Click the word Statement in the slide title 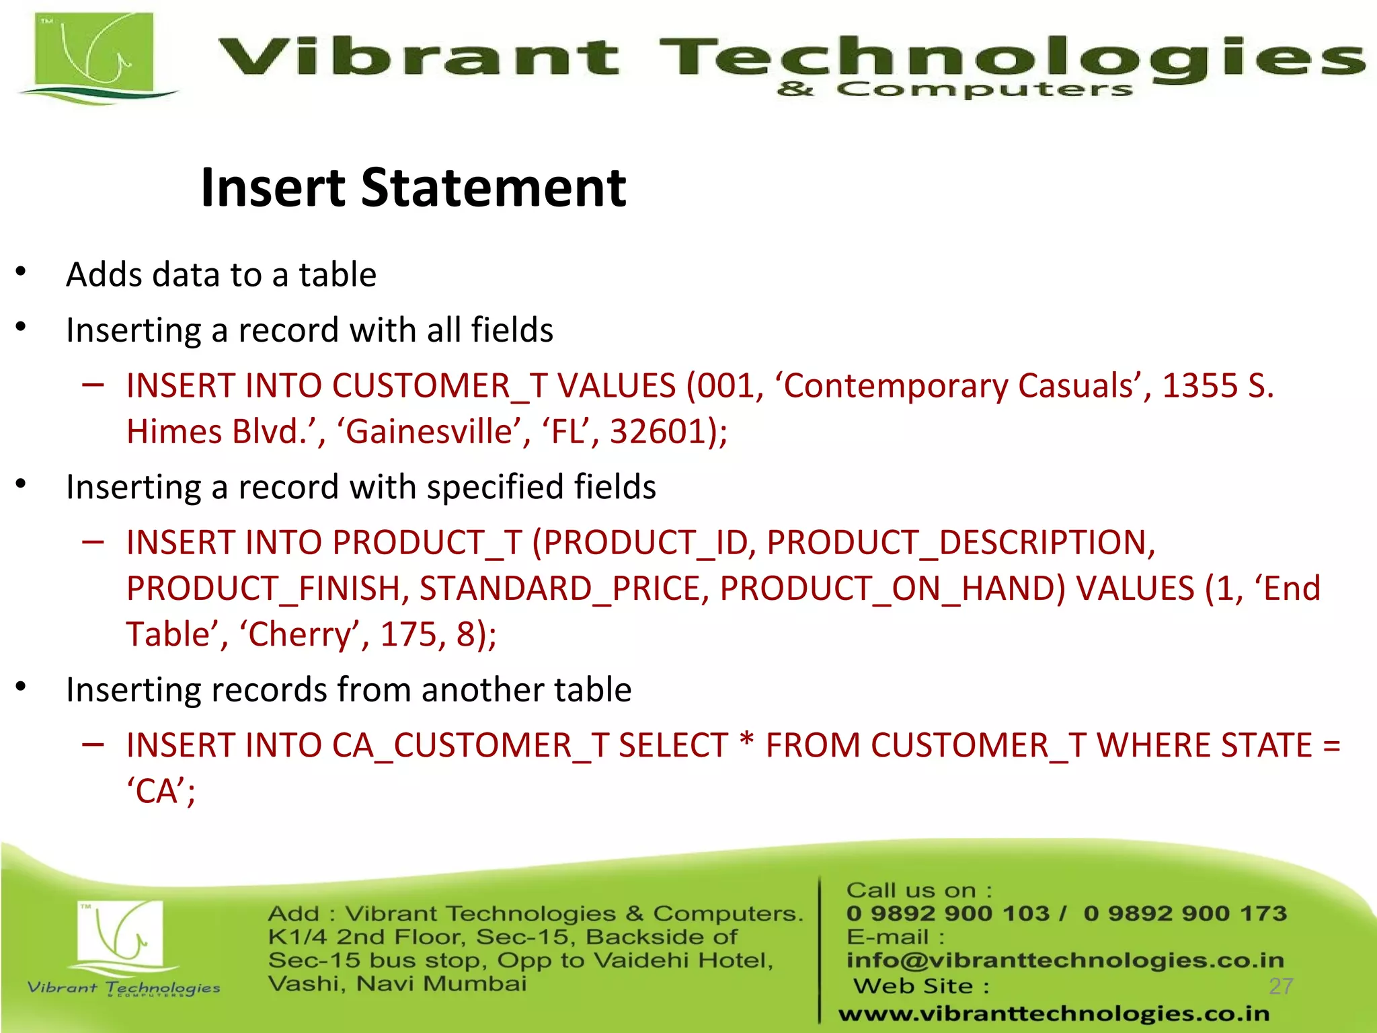(494, 188)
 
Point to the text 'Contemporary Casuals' (962, 386)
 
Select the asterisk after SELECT (746, 743)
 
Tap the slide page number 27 (1280, 986)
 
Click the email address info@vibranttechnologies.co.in (1065, 960)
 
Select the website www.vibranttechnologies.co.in (1054, 1013)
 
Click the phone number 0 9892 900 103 (947, 913)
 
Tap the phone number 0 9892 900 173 (1185, 913)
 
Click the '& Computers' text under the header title (954, 89)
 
